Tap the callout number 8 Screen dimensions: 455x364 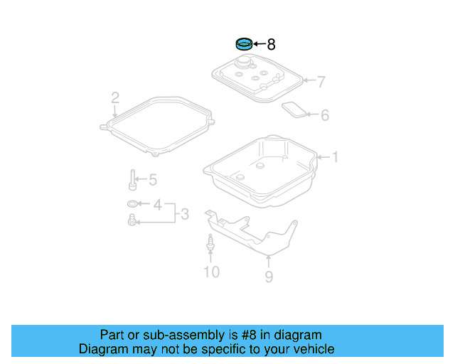(271, 45)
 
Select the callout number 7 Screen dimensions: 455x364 (321, 82)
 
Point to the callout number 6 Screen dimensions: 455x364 (325, 114)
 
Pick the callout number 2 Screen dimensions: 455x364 (114, 97)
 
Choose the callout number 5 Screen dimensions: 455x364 (152, 180)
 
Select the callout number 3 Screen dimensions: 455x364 (183, 213)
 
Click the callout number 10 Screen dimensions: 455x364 (212, 272)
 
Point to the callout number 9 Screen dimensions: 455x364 (269, 277)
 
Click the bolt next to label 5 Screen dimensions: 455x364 (133, 180)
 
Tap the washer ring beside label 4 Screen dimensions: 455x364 (132, 205)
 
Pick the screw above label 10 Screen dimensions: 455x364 (210, 242)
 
